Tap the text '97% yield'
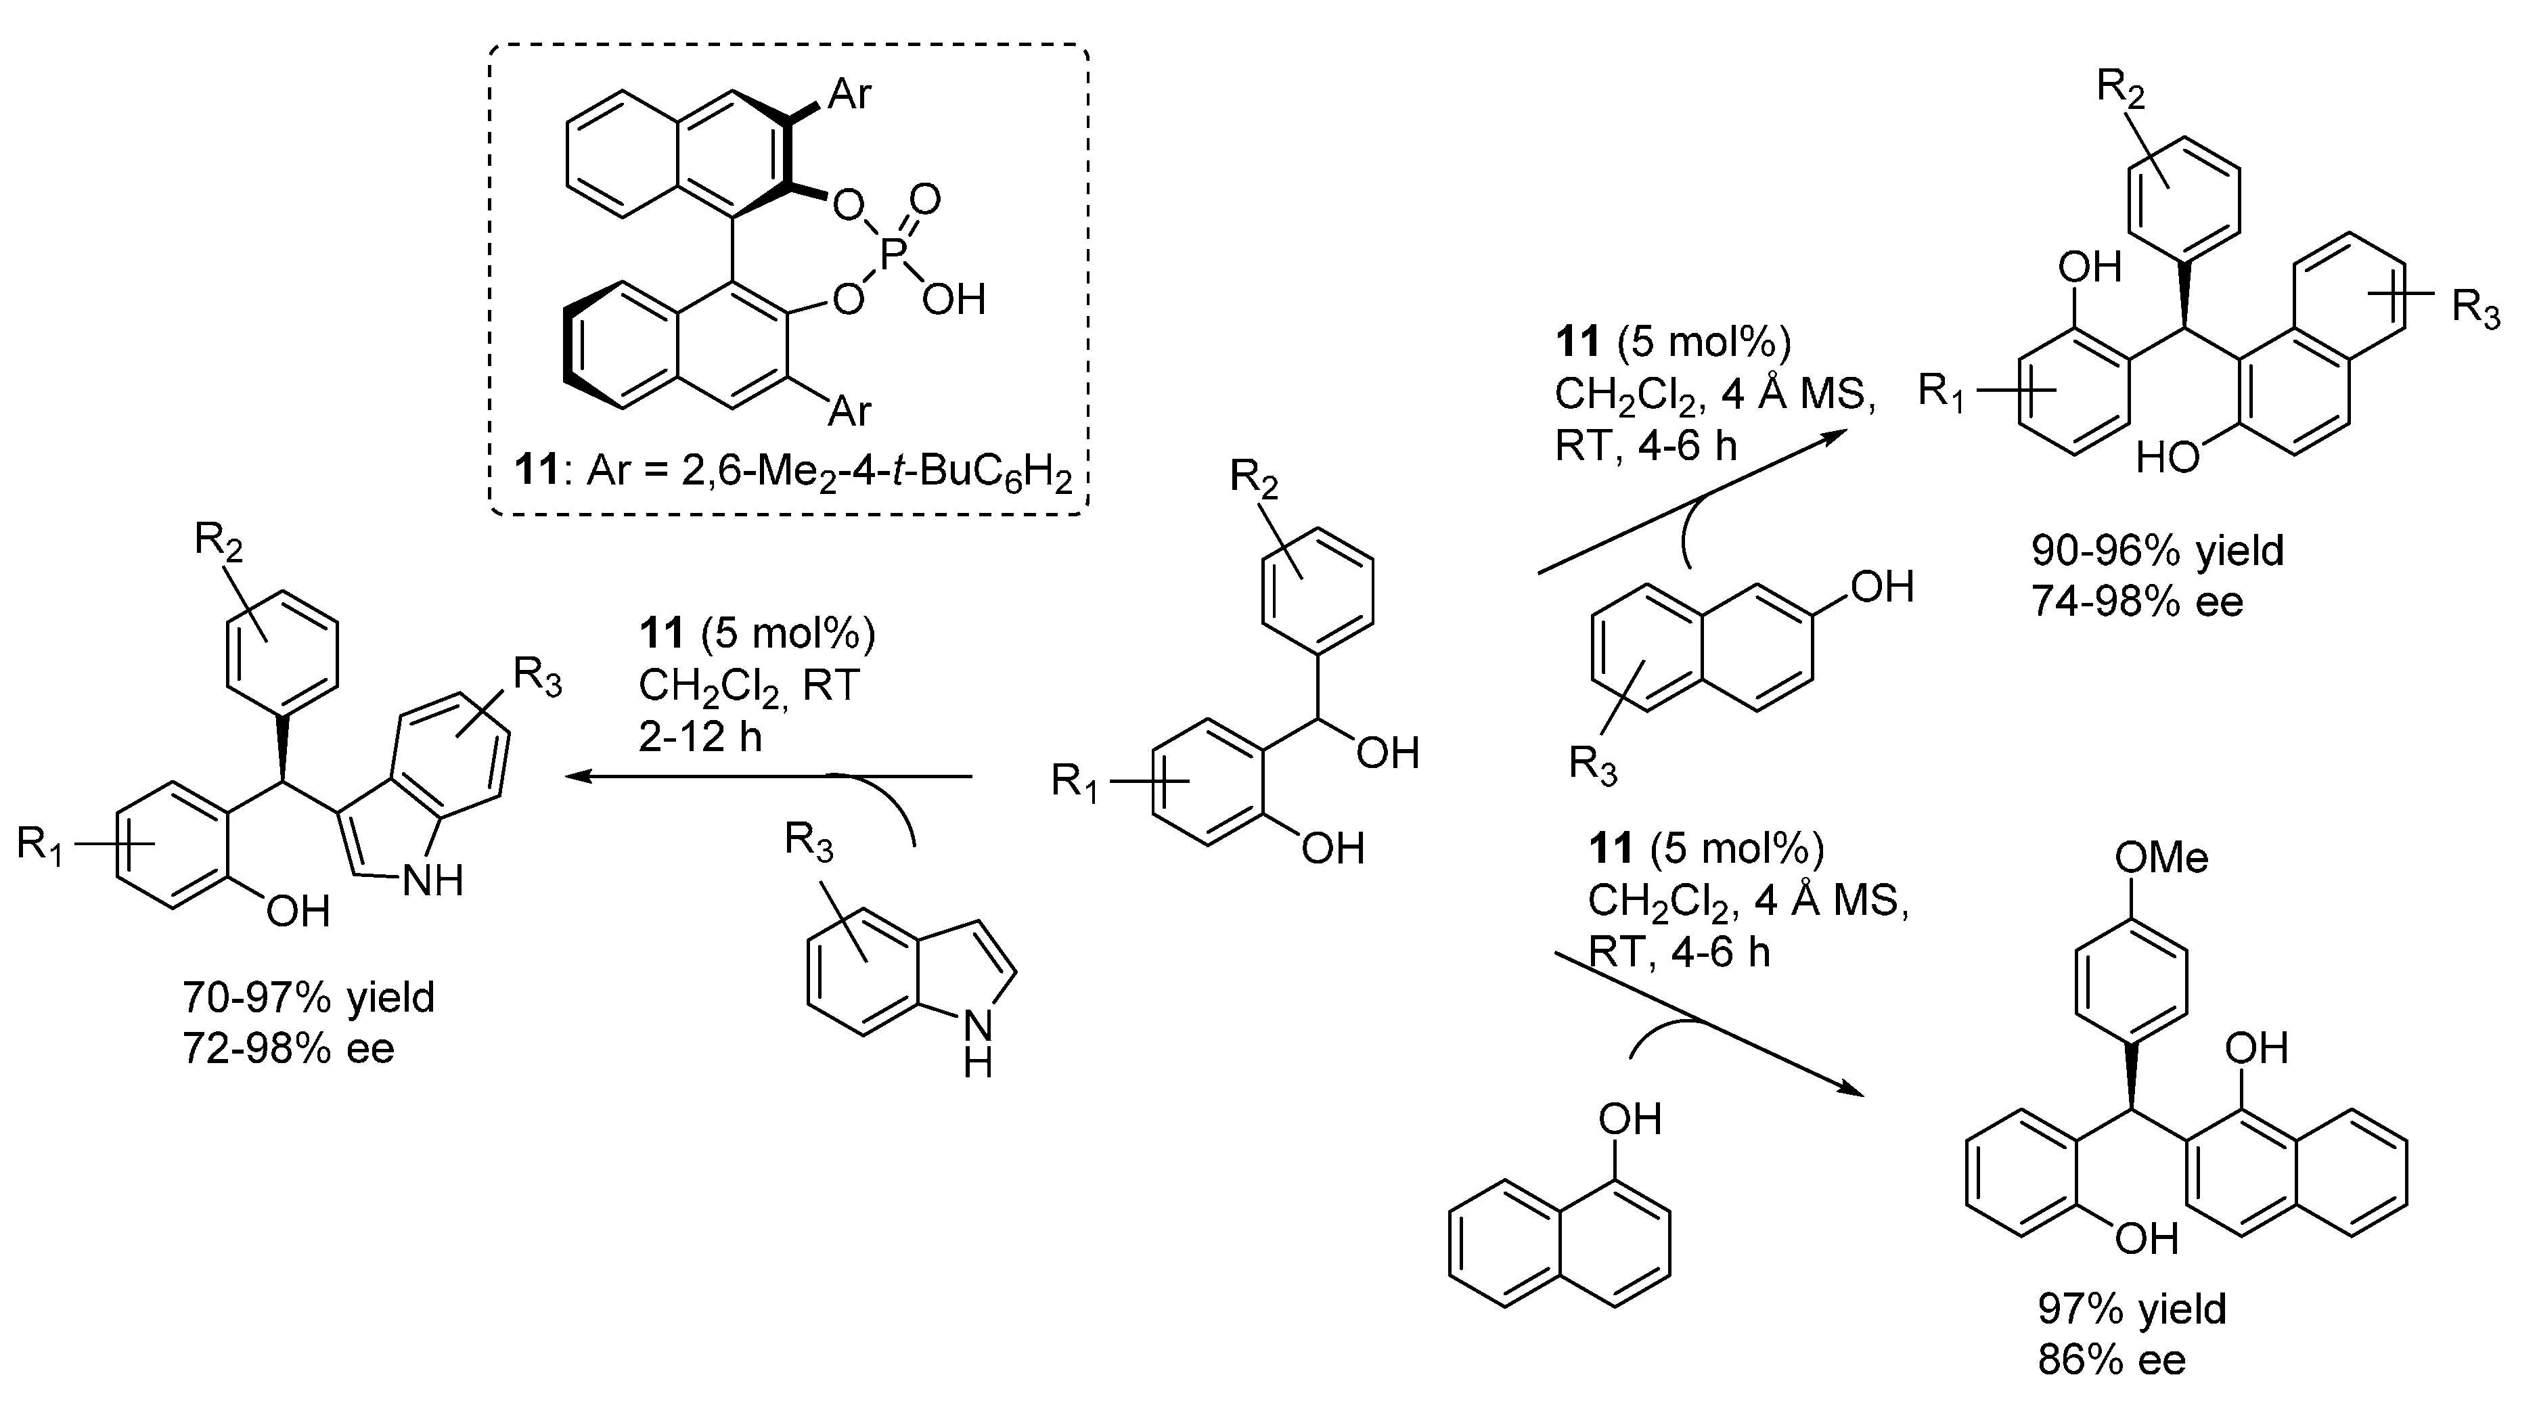pos(2131,1309)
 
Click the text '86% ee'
pos(2111,1360)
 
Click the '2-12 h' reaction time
pos(700,736)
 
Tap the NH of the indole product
pos(432,881)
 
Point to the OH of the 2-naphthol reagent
pos(1882,588)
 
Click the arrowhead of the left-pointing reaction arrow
pos(576,777)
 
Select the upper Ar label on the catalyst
pos(850,95)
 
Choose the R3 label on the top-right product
pos(2475,310)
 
